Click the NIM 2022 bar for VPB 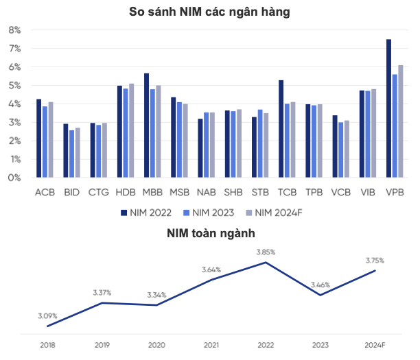click(388, 108)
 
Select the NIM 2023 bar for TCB click(287, 141)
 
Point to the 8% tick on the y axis click(14, 30)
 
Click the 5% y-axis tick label click(14, 86)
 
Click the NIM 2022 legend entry click(145, 213)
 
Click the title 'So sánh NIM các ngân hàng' click(209, 12)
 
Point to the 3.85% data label click(266, 252)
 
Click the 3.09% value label click(47, 316)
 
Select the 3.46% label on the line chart click(320, 285)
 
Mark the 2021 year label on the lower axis click(211, 345)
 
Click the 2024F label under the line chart click(375, 345)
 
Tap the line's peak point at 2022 click(266, 262)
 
